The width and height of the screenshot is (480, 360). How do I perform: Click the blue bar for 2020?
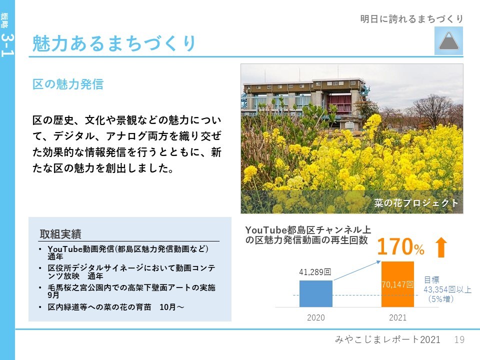tap(315, 293)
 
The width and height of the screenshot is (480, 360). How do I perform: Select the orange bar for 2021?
tap(397, 284)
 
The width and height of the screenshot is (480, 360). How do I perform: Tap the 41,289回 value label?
tap(315, 272)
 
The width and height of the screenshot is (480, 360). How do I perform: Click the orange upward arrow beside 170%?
tap(441, 247)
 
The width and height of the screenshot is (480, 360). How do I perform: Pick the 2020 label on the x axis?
tap(315, 317)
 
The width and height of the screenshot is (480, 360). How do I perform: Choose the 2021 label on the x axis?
tap(397, 317)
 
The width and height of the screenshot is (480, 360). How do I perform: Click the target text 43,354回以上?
tap(447, 289)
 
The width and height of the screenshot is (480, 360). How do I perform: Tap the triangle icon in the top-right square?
tap(448, 41)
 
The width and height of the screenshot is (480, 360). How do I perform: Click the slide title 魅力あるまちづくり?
tap(113, 43)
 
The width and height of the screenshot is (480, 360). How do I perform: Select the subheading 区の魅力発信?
tap(67, 84)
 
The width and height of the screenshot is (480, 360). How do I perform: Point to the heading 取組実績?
tap(60, 234)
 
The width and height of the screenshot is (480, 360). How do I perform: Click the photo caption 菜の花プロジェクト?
tap(416, 202)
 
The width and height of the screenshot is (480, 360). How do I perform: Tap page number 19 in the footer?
tap(459, 339)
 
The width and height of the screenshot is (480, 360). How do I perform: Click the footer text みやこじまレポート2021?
tap(387, 339)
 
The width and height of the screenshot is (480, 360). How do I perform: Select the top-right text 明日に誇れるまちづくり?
tap(411, 19)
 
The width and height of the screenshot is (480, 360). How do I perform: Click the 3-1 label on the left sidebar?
tap(7, 45)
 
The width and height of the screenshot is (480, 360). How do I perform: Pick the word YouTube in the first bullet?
tap(65, 249)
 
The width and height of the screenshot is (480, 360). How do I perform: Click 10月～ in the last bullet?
tap(171, 307)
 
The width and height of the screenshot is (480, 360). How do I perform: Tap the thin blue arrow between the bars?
tap(357, 270)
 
